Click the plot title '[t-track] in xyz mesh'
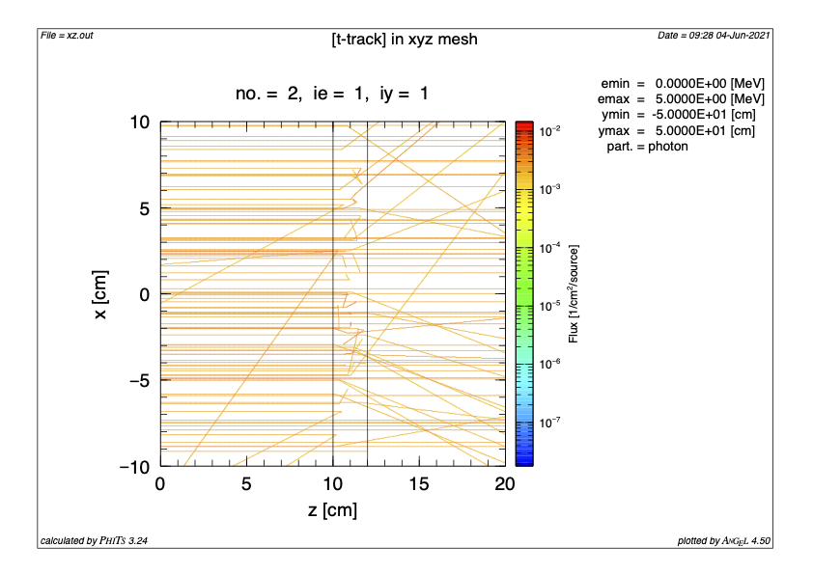click(x=405, y=40)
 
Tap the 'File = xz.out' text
click(x=67, y=36)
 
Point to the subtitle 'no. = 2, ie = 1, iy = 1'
click(x=331, y=94)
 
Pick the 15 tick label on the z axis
click(x=419, y=484)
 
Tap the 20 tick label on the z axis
click(x=505, y=484)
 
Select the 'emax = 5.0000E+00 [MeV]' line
click(x=682, y=99)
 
